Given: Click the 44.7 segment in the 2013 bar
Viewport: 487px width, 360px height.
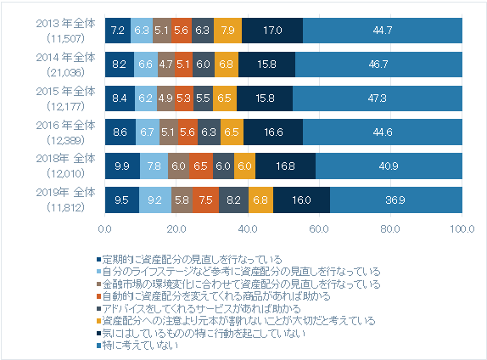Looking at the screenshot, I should click(383, 30).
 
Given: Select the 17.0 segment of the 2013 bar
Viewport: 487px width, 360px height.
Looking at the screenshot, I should click(272, 30).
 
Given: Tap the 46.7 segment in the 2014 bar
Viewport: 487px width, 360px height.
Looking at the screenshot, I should click(379, 64).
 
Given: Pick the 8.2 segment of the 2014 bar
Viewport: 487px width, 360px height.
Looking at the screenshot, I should click(120, 64).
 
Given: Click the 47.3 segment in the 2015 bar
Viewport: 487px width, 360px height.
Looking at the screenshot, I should click(378, 98).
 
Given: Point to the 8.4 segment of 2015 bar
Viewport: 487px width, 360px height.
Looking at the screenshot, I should click(120, 98).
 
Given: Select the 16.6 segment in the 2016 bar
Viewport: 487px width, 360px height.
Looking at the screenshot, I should click(273, 132).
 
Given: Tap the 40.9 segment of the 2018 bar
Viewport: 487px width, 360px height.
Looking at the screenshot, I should click(389, 166).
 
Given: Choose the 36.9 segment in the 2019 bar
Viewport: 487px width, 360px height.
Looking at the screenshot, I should click(396, 200).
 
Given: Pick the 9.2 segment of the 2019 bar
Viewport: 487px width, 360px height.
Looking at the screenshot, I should click(155, 200).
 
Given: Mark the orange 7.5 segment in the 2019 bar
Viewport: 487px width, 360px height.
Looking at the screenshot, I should click(206, 200).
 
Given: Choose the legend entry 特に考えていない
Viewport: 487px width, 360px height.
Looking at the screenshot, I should click(141, 346).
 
